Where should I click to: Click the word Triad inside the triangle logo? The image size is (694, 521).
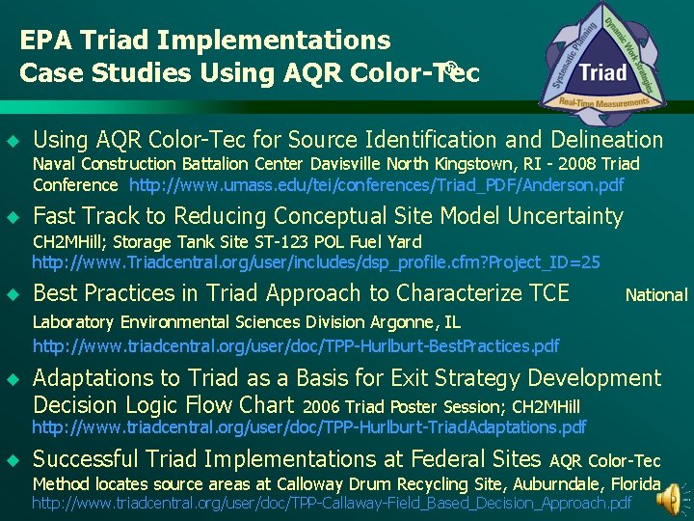point(603,71)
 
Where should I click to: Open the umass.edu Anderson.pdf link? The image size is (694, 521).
point(376,184)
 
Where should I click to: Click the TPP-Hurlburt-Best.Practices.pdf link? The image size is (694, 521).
point(296,344)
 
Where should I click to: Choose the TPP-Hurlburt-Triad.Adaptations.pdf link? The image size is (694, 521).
point(309,425)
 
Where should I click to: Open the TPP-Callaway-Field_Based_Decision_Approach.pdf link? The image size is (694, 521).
point(332,503)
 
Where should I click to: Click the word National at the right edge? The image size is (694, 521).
point(656,295)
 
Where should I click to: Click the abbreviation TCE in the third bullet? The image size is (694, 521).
point(544,293)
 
